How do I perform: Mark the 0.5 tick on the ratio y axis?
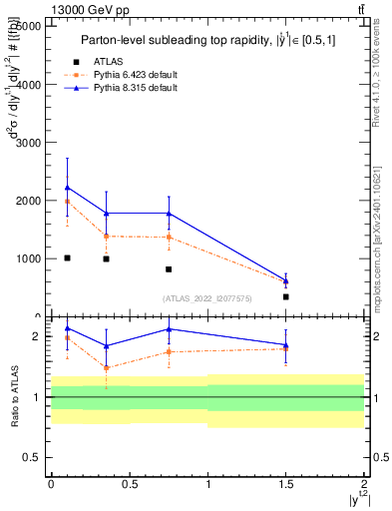tap(33, 457)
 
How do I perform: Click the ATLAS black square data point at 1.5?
tap(286, 296)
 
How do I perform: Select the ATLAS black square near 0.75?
tap(169, 269)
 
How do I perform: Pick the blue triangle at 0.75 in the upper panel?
tap(169, 213)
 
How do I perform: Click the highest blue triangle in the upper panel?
tap(67, 187)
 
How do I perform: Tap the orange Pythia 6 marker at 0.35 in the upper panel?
tap(106, 236)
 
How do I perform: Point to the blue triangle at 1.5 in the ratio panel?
tap(286, 344)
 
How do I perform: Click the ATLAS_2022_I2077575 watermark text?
tap(208, 298)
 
